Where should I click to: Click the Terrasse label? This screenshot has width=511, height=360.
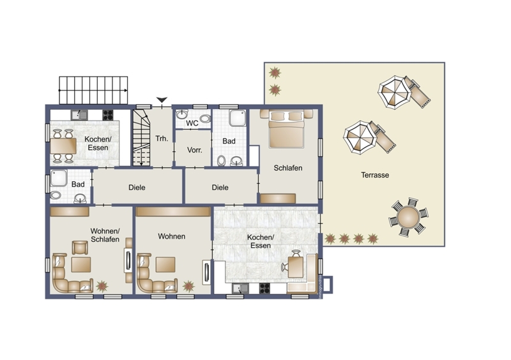coord(375,175)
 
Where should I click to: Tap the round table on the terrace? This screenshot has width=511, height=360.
coord(408,216)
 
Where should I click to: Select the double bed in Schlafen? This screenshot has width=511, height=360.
coord(286,130)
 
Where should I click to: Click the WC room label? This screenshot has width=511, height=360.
coord(192,123)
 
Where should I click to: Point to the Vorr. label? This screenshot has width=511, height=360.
coord(195,150)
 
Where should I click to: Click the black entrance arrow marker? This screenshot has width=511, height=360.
coord(162,100)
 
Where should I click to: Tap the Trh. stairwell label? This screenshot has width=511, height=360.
coord(162,139)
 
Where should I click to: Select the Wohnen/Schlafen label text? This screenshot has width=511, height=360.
coord(105,236)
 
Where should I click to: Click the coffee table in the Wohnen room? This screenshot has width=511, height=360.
coord(165,264)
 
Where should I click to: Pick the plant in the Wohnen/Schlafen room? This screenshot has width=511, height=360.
coord(102,286)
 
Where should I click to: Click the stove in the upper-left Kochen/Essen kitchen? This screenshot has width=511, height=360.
coord(108,115)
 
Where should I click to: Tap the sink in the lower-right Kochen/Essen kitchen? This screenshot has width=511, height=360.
coord(240,289)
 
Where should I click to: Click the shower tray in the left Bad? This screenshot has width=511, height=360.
coord(59,178)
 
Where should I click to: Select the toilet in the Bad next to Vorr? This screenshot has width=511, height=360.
coord(222,161)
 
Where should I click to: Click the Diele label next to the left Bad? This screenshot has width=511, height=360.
coord(137,187)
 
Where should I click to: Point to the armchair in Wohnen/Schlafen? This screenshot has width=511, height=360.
coord(80,248)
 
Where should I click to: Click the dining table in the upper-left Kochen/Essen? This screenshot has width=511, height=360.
coord(63,146)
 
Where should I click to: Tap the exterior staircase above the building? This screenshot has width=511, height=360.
coord(93,90)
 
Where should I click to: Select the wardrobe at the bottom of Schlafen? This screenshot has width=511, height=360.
coord(278,199)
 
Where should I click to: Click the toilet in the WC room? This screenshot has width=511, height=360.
coord(205,119)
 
